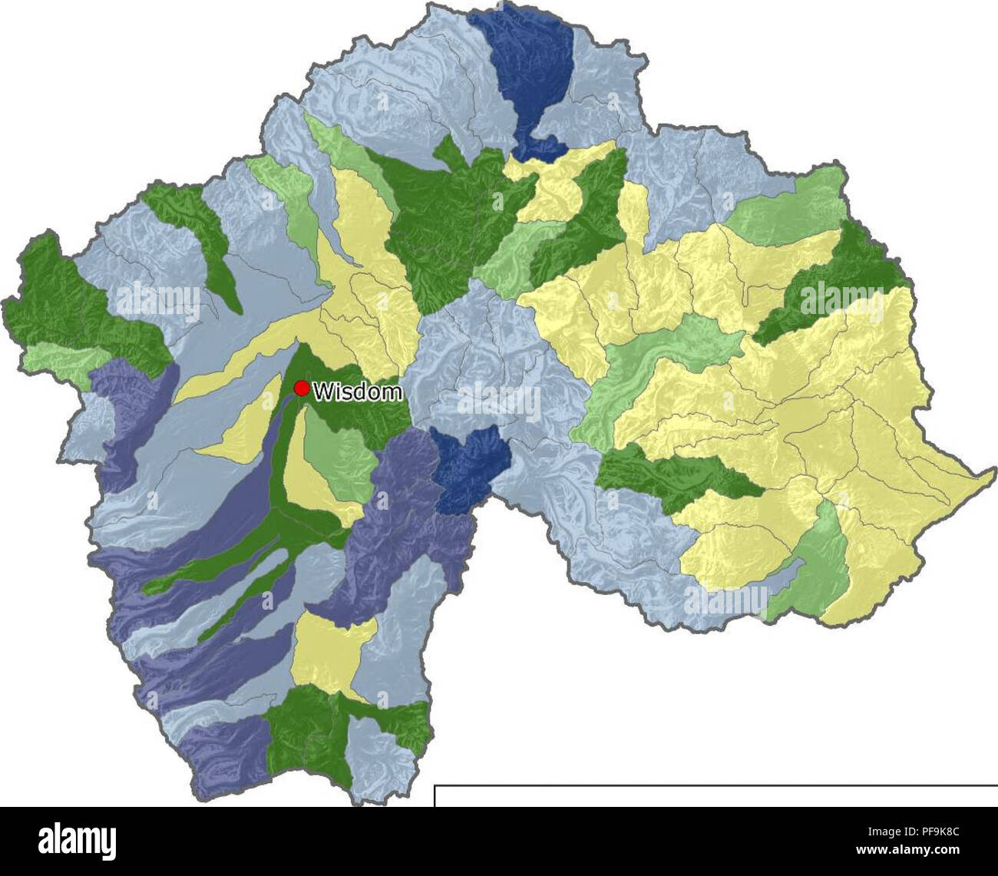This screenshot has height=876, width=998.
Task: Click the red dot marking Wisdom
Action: [x=302, y=389]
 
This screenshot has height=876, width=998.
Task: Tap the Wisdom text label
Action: [x=358, y=392]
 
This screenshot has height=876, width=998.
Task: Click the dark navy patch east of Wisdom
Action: [x=469, y=468]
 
